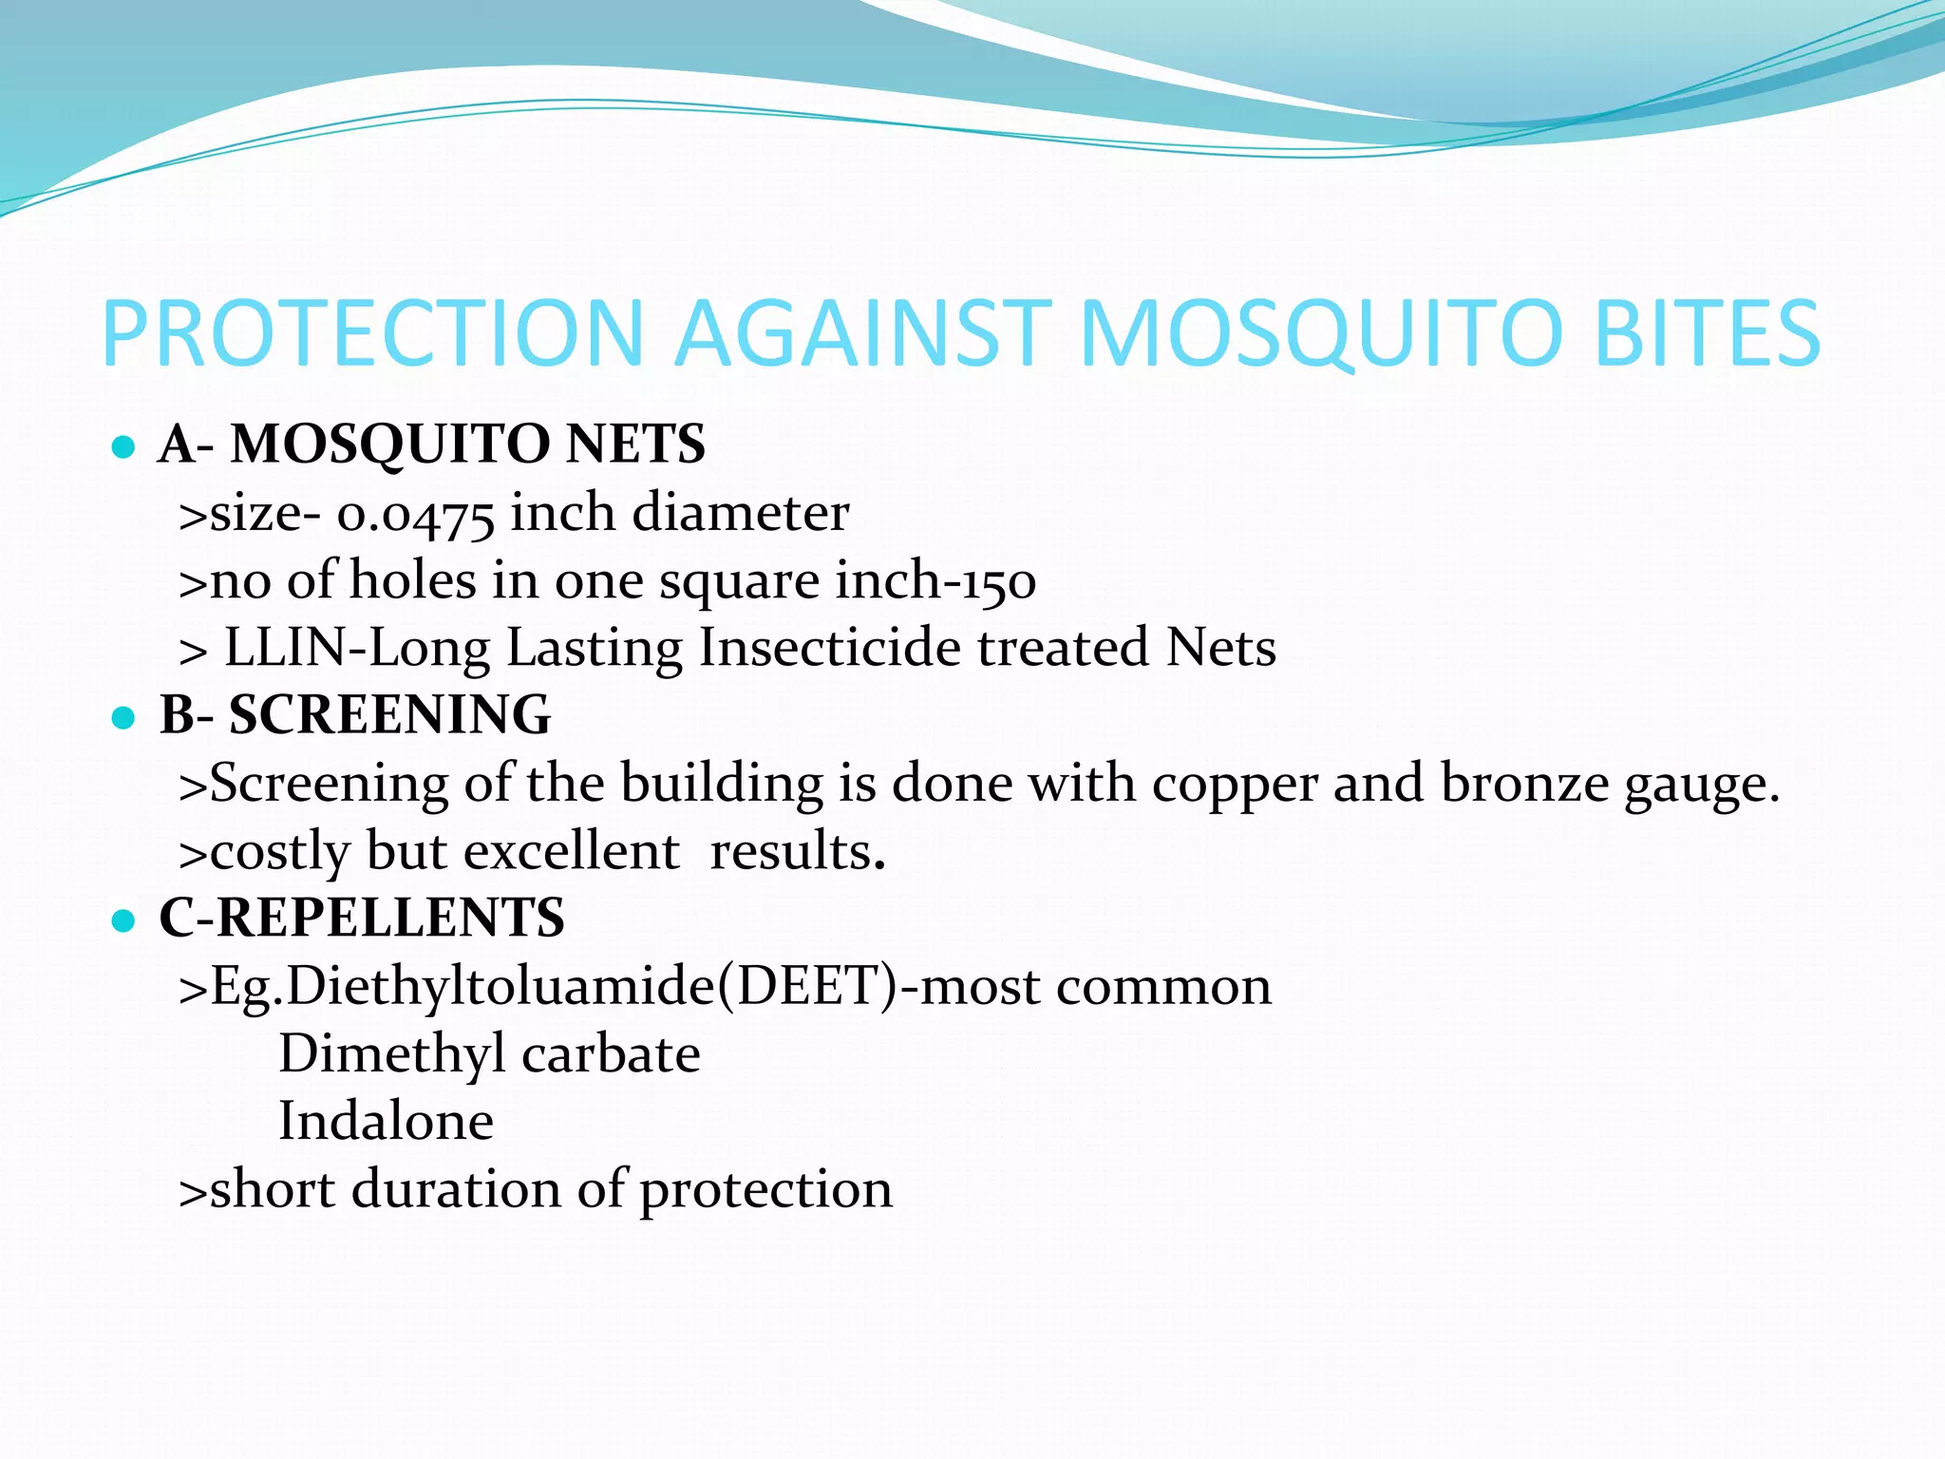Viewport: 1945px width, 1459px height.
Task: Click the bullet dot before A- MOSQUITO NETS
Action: pyautogui.click(x=123, y=446)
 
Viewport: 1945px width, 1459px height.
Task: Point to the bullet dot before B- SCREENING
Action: pyautogui.click(x=123, y=717)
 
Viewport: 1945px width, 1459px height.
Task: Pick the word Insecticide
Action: pyautogui.click(x=830, y=649)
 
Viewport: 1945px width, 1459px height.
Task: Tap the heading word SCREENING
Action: pyautogui.click(x=389, y=715)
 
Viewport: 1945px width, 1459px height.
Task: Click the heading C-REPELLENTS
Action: pyautogui.click(x=362, y=919)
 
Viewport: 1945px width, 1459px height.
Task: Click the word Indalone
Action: pyautogui.click(x=386, y=1122)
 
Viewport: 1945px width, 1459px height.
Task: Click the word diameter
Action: pyautogui.click(x=740, y=514)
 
